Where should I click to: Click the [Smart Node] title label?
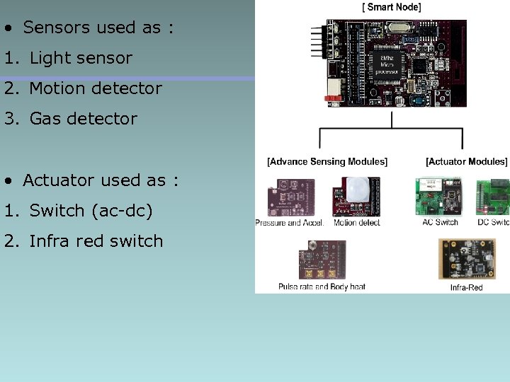tap(391, 7)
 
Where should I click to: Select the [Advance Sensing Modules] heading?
tap(327, 161)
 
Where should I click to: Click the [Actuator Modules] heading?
tap(466, 161)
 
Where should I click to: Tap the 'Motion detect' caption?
tap(356, 223)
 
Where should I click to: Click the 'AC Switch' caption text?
tap(440, 223)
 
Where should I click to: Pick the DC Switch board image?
tap(494, 196)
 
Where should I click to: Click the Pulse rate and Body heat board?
tap(322, 260)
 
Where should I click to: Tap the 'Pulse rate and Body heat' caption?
tap(322, 287)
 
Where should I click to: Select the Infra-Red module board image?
tap(467, 260)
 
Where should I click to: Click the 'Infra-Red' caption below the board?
tap(467, 287)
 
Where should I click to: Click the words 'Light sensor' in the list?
tap(81, 58)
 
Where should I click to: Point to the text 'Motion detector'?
tap(96, 88)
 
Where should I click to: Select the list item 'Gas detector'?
tap(84, 119)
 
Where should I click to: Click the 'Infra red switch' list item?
tap(96, 241)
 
